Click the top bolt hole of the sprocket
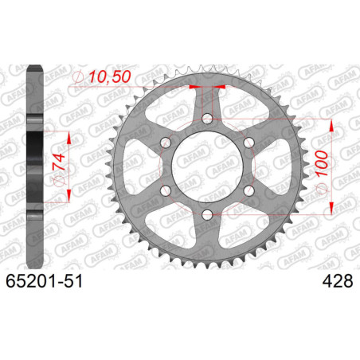click(207, 119)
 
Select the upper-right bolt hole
click(248, 143)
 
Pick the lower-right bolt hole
click(248, 191)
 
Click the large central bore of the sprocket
click(207, 167)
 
